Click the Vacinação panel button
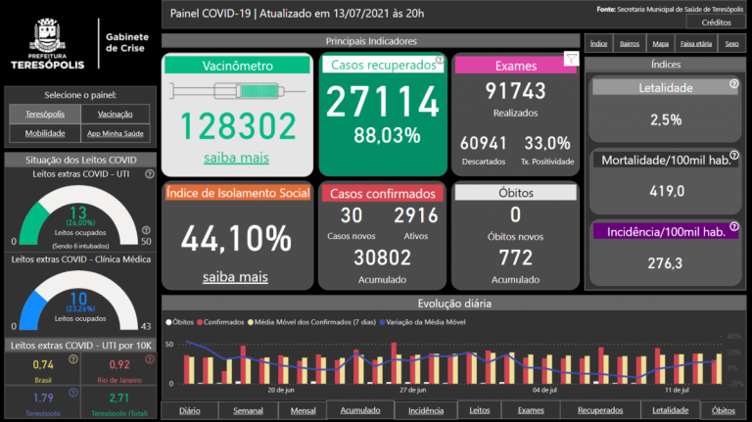pos(116,114)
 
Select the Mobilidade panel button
pos(45,133)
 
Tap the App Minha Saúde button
pos(116,133)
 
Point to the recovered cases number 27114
pos(383,102)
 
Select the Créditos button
pos(715,22)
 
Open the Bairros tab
pos(630,44)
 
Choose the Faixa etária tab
pos(696,44)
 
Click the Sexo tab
pos(730,44)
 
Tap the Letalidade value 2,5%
pos(666,119)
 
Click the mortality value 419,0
pos(666,191)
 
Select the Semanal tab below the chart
pos(248,410)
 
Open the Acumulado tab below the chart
pos(360,410)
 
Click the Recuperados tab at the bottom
pos(599,410)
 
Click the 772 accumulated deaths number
pos(515,258)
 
